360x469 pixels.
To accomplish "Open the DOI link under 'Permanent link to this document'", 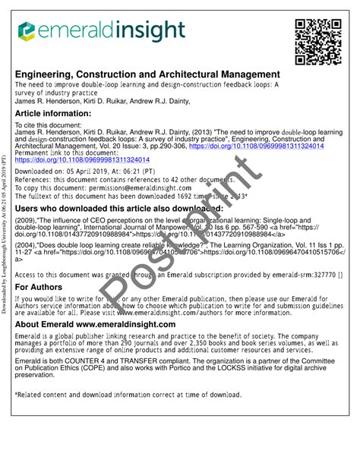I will tap(81, 160).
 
